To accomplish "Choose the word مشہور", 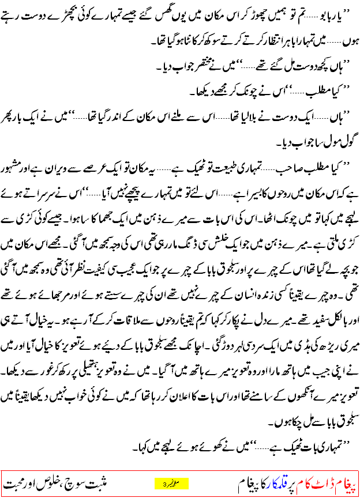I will tap(17, 163).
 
